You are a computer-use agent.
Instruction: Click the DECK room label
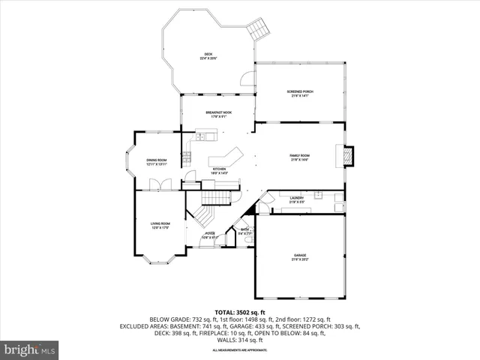pyautogui.click(x=209, y=55)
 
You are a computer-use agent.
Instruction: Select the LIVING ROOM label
pyautogui.click(x=160, y=225)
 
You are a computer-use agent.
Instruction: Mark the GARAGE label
pyautogui.click(x=300, y=257)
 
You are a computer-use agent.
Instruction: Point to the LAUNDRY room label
pyautogui.click(x=296, y=199)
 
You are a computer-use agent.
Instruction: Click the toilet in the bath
pyautogui.click(x=248, y=240)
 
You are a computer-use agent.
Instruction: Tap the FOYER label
pyautogui.click(x=211, y=235)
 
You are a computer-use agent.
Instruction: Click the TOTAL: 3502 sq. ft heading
pyautogui.click(x=239, y=312)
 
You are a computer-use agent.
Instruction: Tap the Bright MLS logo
pyautogui.click(x=30, y=349)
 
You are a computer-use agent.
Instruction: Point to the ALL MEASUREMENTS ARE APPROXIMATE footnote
pyautogui.click(x=239, y=350)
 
